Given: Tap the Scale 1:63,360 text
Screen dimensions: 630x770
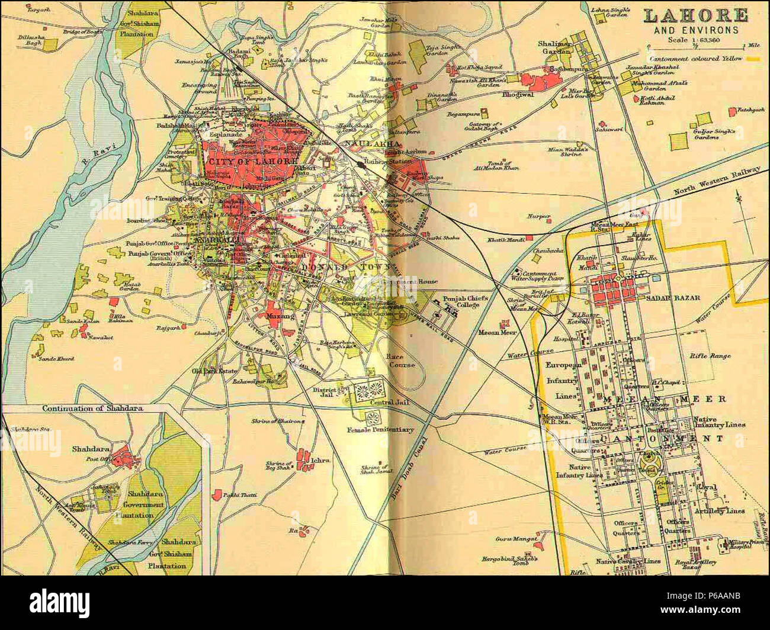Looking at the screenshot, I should point(692,40).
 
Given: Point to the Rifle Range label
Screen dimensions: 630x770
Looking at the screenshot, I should point(710,356).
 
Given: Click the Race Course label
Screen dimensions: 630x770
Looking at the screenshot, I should point(394,361).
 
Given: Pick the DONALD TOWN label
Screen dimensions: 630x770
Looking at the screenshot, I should point(345,268).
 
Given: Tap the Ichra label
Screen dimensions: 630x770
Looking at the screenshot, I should point(322,459).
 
